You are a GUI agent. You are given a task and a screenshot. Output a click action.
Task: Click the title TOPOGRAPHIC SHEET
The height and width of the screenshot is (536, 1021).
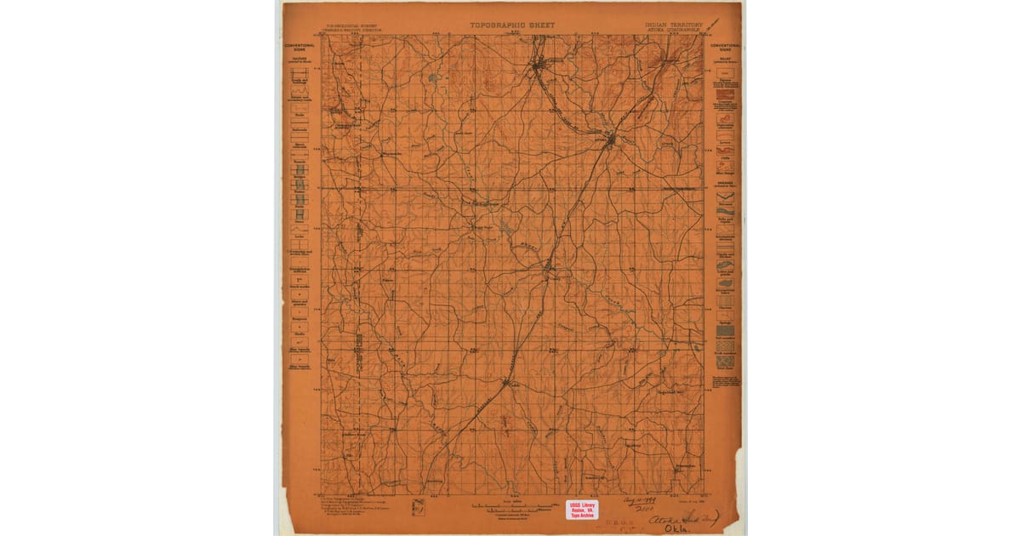[x=512, y=26]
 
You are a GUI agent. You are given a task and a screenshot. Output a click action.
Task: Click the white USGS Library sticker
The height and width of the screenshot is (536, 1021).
[x=582, y=510]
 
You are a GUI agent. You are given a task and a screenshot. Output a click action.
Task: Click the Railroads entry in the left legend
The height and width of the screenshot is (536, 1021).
[x=299, y=126]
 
